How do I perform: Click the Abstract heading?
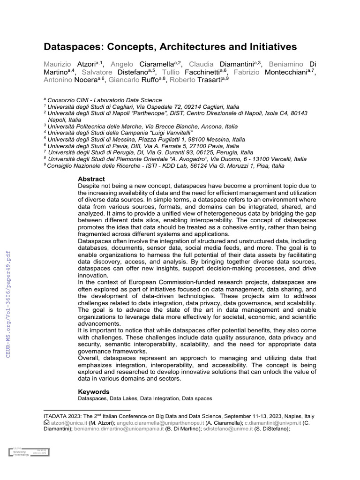pyautogui.click(x=91, y=179)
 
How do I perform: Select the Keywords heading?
pyautogui.click(x=93, y=391)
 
